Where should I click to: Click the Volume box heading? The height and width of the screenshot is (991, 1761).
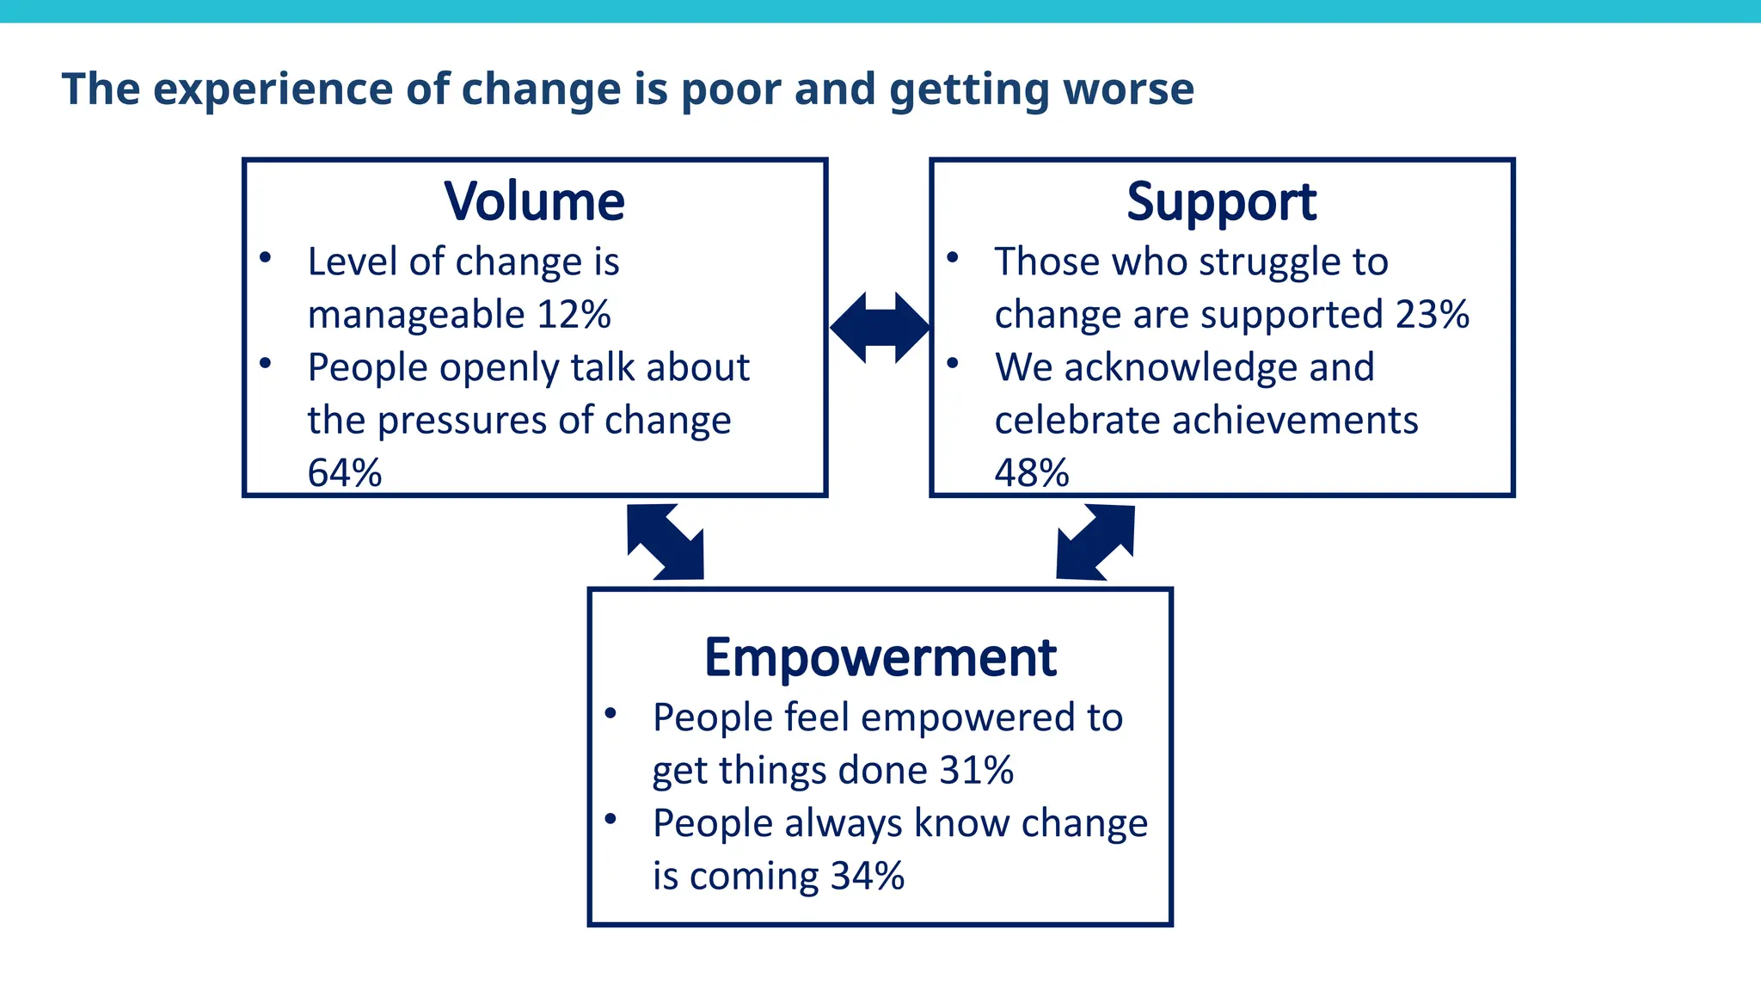click(x=534, y=201)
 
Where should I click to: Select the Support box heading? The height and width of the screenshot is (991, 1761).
click(x=1221, y=203)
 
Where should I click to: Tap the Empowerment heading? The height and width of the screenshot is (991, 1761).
click(x=880, y=658)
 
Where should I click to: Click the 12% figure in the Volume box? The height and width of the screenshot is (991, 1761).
click(x=574, y=314)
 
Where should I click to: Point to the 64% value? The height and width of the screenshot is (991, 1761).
click(x=345, y=472)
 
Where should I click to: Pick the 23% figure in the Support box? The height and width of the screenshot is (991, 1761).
click(x=1432, y=314)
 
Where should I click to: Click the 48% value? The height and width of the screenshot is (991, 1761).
click(x=1032, y=472)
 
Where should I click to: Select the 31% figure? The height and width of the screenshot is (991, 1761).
click(x=976, y=770)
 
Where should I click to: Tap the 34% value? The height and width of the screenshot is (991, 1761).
click(x=868, y=876)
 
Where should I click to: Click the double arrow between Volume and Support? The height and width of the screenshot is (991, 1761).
click(x=880, y=327)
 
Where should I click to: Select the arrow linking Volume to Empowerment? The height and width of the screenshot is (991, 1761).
click(x=666, y=542)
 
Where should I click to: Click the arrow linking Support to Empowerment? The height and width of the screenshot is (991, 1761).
click(x=1095, y=542)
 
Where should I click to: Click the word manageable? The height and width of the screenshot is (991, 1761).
click(x=416, y=316)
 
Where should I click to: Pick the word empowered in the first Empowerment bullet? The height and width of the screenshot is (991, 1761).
click(x=967, y=717)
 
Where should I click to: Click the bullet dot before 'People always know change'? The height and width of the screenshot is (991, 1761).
click(x=611, y=819)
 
